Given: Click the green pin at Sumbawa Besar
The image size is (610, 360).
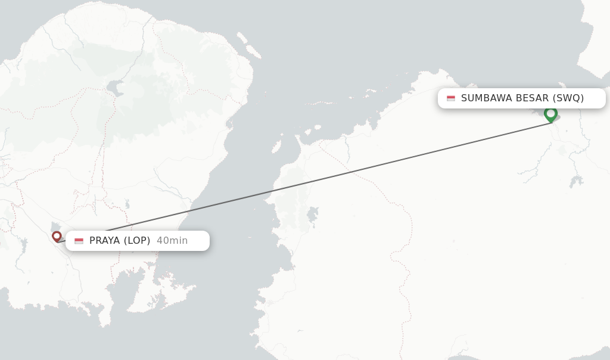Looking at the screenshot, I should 550,113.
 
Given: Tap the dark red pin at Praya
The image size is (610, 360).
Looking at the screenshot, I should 57,236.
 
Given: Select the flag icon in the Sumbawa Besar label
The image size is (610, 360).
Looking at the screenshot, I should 451,98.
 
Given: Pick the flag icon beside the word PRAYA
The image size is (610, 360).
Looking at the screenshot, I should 79,241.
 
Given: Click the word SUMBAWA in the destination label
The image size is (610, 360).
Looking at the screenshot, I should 486,98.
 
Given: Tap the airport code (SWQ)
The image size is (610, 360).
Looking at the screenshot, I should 568,98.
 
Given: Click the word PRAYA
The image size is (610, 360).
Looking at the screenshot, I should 105,241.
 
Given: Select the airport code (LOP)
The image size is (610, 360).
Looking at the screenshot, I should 137,241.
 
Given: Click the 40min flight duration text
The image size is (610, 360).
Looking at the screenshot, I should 172,241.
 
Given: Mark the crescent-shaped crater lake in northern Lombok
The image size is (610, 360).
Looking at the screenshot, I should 114,89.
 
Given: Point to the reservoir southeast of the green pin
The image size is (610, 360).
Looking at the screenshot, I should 575,181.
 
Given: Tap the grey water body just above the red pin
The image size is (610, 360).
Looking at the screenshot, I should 54,226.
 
